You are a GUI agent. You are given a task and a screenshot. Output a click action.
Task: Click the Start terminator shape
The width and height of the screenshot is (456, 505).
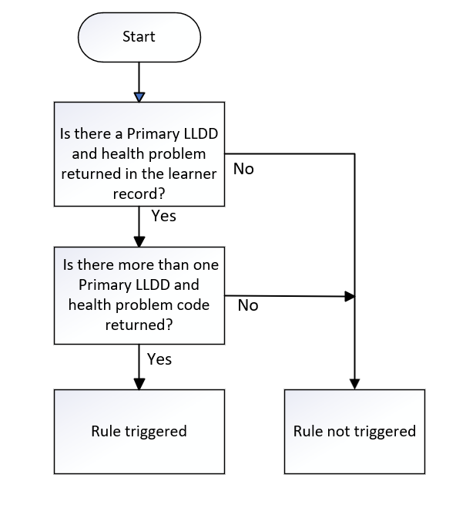[x=139, y=37]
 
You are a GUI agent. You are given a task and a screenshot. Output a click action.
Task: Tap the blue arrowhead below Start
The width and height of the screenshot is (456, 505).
[x=139, y=97]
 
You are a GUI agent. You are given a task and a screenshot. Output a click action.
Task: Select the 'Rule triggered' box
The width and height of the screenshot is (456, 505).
[x=139, y=432]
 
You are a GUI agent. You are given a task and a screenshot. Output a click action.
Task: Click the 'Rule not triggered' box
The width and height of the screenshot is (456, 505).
[x=354, y=432]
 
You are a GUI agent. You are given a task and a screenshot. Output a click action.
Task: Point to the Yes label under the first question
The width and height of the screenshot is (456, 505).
[x=164, y=216]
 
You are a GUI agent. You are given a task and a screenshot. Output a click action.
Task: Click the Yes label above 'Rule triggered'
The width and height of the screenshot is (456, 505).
[x=159, y=359]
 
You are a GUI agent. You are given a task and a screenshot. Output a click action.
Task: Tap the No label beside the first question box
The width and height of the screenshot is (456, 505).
[x=243, y=169]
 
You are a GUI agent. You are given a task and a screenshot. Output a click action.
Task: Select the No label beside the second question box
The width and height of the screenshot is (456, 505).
[x=248, y=305]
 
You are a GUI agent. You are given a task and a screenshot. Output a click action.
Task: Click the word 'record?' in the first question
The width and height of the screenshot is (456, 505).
[x=139, y=194]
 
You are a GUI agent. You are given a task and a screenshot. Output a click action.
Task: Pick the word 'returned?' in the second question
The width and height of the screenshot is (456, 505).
[x=139, y=325]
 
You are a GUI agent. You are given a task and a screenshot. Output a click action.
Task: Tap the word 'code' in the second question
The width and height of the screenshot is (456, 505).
[x=194, y=305]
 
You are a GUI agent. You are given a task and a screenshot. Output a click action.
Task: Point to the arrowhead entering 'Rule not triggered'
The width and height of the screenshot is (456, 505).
[x=354, y=384]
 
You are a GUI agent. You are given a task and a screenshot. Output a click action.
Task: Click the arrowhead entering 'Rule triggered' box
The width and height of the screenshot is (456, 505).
[x=139, y=384]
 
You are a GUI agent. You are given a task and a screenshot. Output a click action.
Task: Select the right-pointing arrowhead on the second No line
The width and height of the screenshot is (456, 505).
[x=350, y=296]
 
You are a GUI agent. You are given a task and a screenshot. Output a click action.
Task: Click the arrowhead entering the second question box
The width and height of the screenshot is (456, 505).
[x=139, y=242]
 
